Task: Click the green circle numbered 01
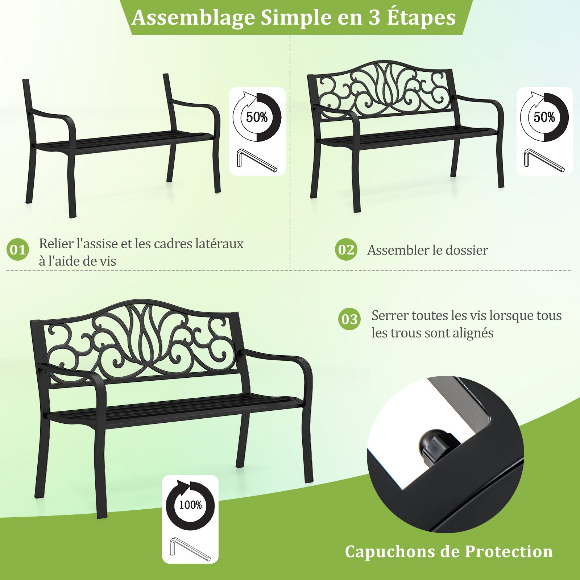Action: [x=18, y=249]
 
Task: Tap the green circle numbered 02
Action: [x=346, y=249]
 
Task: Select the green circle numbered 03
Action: [x=349, y=319]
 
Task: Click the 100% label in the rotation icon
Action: [x=190, y=505]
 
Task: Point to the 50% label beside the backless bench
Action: [x=257, y=117]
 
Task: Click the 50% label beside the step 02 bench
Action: [x=544, y=117]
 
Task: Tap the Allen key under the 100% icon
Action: [x=190, y=549]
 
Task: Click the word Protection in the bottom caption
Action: [x=509, y=552]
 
